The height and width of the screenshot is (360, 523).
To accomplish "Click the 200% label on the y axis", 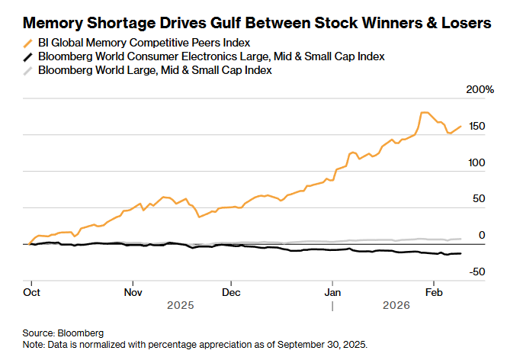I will coord(480,90).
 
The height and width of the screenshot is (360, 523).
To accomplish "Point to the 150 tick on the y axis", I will coord(476,127).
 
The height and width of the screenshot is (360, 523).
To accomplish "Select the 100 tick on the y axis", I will coord(476,162).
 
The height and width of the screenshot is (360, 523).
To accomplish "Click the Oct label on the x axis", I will coord(32,292).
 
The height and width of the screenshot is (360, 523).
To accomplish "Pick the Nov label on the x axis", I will coord(133,292).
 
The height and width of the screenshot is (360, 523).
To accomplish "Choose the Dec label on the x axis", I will coord(232,292).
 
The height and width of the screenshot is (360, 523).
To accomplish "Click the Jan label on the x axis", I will coord(332,292).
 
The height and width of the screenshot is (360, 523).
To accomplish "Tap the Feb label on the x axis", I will coord(434,292).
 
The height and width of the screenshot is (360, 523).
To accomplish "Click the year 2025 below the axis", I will coord(181,305).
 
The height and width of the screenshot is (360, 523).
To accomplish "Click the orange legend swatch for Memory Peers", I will coord(28,43).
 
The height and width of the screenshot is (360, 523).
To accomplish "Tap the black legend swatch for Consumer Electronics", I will coord(28,56).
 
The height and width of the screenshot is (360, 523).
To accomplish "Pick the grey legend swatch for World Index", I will coord(28,70).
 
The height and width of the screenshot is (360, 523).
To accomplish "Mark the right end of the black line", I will coord(460,253).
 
